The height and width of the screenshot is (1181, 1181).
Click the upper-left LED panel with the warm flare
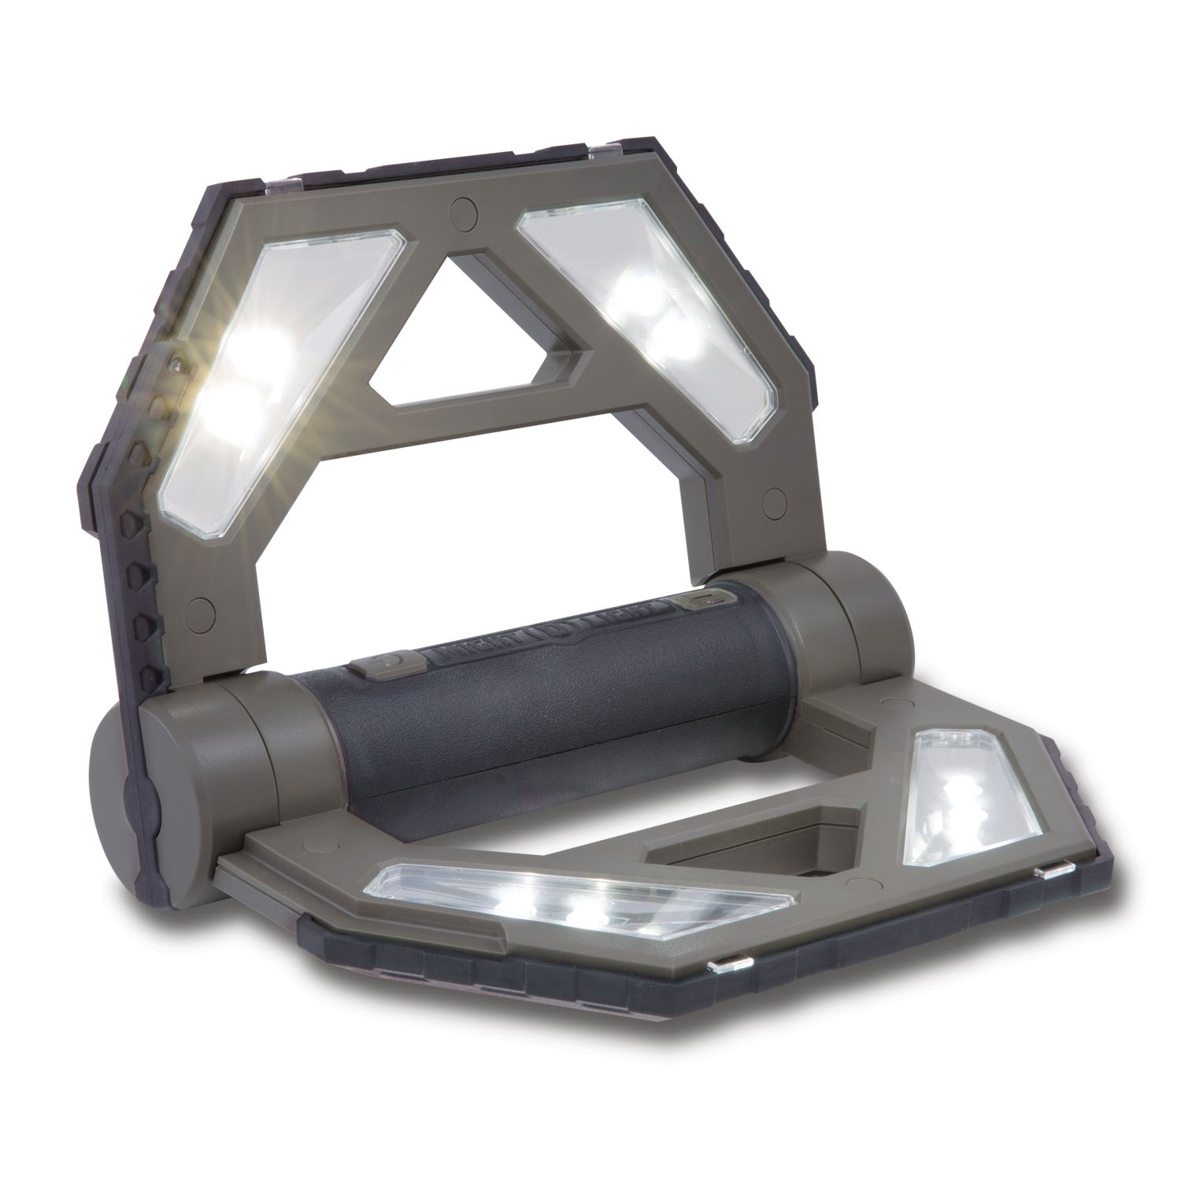click(x=260, y=378)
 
